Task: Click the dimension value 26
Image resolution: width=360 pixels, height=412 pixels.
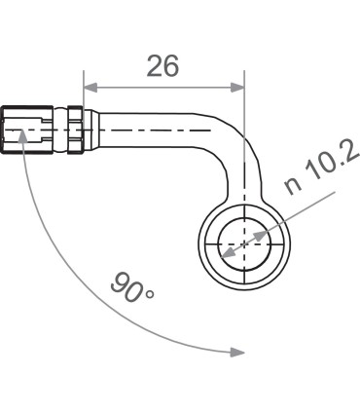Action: point(162,65)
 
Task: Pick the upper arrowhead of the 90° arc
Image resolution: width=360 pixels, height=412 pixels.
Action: point(21,163)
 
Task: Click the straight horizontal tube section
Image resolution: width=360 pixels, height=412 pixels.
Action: point(156,128)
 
